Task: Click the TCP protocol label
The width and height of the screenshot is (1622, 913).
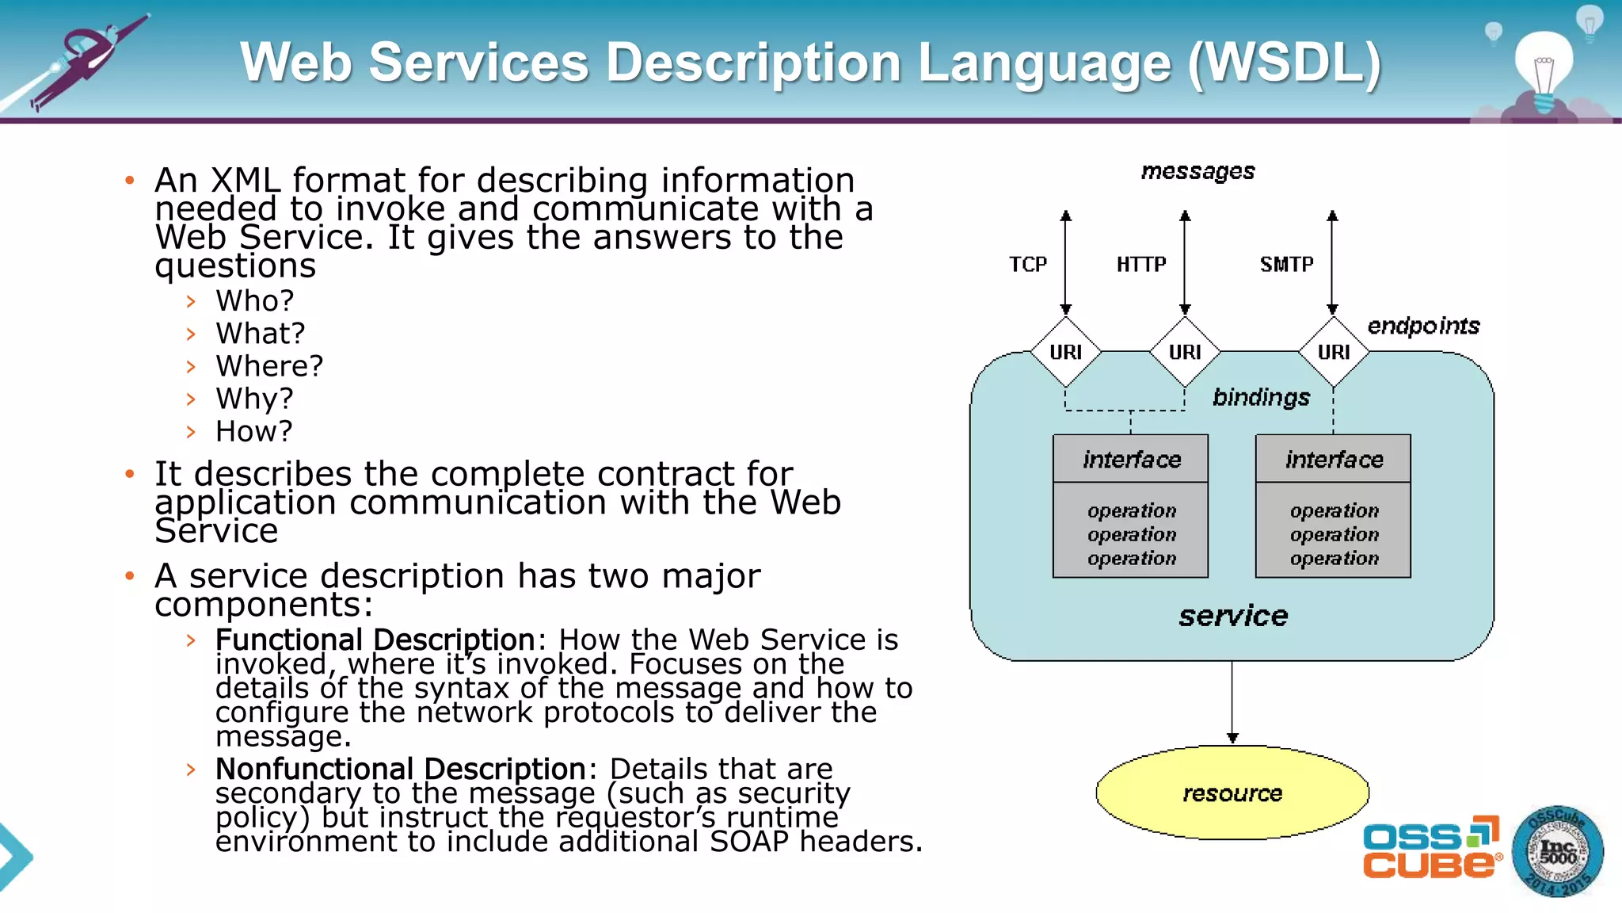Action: tap(1027, 264)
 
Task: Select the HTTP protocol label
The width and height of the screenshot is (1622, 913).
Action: tap(1140, 264)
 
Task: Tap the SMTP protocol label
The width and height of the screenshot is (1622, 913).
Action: tap(1286, 264)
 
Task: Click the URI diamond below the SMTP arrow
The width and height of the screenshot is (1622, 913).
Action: tap(1334, 352)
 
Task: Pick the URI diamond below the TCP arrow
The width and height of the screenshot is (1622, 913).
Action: tap(1065, 352)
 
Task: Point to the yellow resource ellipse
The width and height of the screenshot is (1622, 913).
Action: tap(1232, 793)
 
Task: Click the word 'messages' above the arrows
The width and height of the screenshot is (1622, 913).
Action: tap(1197, 171)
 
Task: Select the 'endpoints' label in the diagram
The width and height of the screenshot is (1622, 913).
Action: tap(1423, 326)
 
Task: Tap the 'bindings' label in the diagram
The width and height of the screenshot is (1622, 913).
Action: tap(1261, 397)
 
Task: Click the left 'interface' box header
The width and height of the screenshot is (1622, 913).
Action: tap(1131, 459)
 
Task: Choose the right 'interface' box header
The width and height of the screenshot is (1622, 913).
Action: tap(1334, 459)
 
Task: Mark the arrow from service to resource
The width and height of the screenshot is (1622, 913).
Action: tap(1232, 701)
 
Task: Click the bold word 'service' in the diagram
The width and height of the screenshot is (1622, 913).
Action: tap(1233, 616)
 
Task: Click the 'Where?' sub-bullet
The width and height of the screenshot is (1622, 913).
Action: tap(269, 366)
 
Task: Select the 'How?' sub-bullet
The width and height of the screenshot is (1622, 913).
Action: tap(253, 431)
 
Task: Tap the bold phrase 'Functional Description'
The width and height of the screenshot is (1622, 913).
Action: tap(375, 640)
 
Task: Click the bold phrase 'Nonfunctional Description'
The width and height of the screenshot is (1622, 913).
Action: tap(400, 769)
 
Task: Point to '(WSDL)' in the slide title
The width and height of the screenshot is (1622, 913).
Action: tap(1285, 63)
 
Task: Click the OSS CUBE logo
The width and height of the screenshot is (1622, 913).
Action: tap(1431, 849)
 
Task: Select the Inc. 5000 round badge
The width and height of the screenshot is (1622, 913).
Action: tap(1557, 852)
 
